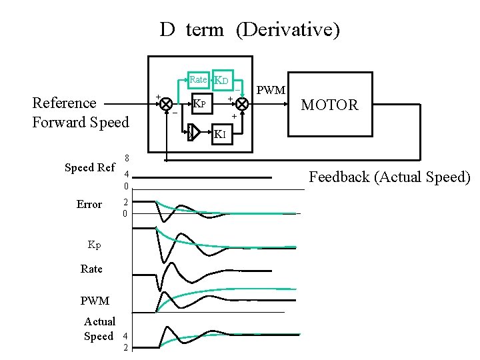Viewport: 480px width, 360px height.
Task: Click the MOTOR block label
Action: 329,105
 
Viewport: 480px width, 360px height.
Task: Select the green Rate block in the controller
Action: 198,80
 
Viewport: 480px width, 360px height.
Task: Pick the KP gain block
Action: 201,105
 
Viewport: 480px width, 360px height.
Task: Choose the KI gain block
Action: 221,135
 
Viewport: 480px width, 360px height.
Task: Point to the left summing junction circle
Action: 167,105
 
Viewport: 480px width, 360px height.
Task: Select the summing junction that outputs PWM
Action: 242,105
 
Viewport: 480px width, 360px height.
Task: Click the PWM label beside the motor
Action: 271,90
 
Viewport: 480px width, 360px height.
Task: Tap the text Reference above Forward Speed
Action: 64,103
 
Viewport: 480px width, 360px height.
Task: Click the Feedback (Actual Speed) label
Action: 390,177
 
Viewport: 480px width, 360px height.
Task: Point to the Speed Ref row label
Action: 89,167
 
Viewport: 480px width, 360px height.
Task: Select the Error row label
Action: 89,204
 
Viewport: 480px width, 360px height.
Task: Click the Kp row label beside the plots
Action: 95,244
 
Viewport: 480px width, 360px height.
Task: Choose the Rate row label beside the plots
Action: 91,269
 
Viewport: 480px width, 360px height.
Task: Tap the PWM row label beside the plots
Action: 95,301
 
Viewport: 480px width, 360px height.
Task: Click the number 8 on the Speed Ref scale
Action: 126,158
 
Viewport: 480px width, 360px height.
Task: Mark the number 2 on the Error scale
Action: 126,203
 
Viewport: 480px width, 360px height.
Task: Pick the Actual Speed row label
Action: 99,329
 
